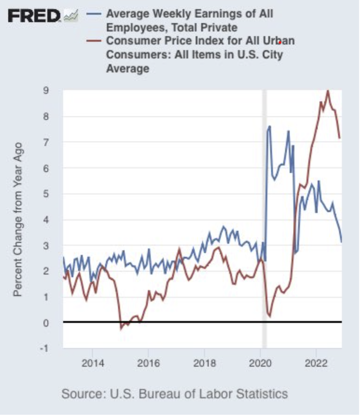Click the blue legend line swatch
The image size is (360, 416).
coord(94,14)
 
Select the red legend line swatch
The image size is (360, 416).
coord(94,41)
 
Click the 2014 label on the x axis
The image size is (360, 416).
coord(93,363)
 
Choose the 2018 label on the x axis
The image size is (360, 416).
coord(204,363)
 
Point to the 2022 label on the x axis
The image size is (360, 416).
coord(316,363)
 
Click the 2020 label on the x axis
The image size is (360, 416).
coord(260,363)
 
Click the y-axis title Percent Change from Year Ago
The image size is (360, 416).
coord(18,219)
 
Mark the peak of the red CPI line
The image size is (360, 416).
coord(328,91)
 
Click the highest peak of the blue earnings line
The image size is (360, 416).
coord(270,126)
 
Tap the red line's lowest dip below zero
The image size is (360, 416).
coord(121,329)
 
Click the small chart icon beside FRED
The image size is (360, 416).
coord(71,16)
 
